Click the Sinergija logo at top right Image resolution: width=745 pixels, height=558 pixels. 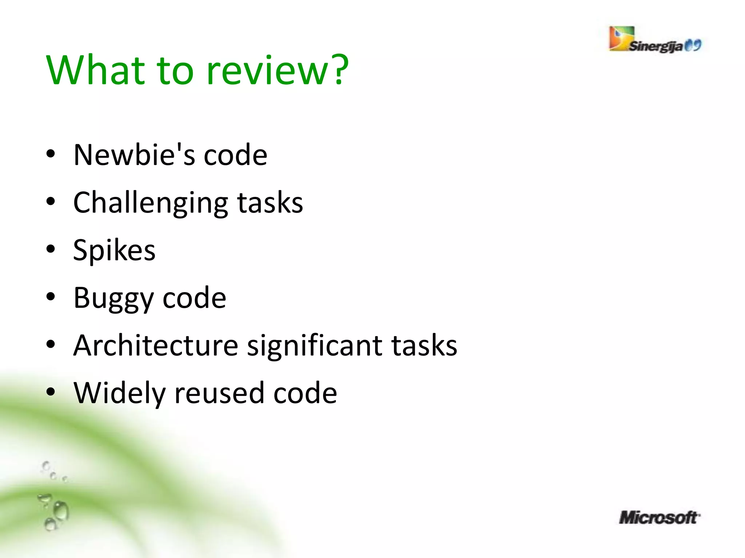pos(655,40)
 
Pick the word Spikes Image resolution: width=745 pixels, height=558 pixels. pos(114,251)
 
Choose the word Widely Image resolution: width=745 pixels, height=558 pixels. pos(119,394)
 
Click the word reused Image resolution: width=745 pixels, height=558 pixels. pos(219,394)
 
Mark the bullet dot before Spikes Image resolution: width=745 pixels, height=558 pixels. pos(51,249)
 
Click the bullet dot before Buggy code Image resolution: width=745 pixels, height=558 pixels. pos(51,297)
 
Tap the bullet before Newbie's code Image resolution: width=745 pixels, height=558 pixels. pos(51,154)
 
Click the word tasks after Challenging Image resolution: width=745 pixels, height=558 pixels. pos(270,203)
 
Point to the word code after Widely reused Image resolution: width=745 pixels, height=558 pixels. pos(305,394)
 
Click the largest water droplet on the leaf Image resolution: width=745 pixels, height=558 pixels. pos(60,511)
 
